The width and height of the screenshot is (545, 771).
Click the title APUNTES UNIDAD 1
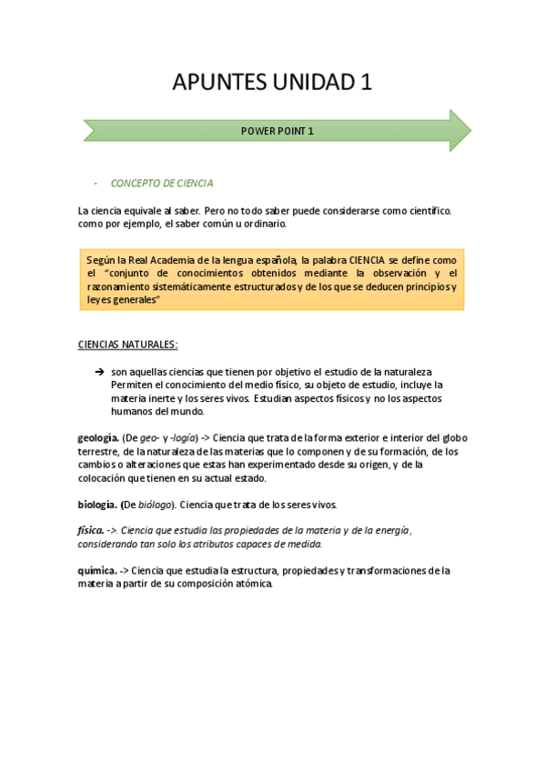(x=272, y=83)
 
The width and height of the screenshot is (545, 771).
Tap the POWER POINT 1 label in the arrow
(x=277, y=131)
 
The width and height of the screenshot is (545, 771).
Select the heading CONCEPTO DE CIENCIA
(x=162, y=183)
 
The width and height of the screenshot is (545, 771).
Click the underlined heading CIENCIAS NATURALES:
(x=128, y=345)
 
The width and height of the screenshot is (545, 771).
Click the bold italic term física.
(x=91, y=531)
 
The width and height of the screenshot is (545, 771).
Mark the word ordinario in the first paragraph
(x=264, y=223)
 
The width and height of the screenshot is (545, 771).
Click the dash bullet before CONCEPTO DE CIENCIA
(x=96, y=183)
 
